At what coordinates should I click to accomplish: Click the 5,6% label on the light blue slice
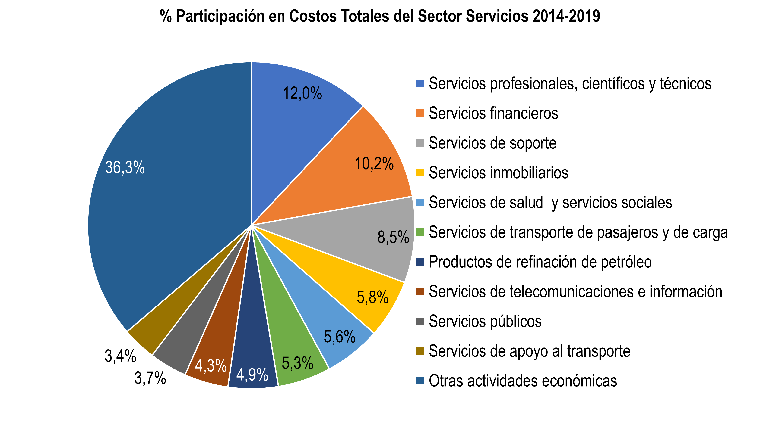(x=339, y=337)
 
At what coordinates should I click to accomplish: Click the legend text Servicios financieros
(x=493, y=113)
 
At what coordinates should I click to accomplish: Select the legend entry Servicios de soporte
(x=492, y=143)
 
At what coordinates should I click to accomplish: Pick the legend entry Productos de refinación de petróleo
(x=540, y=262)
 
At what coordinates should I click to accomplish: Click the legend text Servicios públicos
(x=485, y=321)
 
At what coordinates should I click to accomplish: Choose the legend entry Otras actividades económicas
(x=523, y=381)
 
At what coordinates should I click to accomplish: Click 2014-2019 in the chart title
(x=566, y=16)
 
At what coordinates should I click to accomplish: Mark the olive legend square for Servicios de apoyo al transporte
(x=420, y=351)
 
